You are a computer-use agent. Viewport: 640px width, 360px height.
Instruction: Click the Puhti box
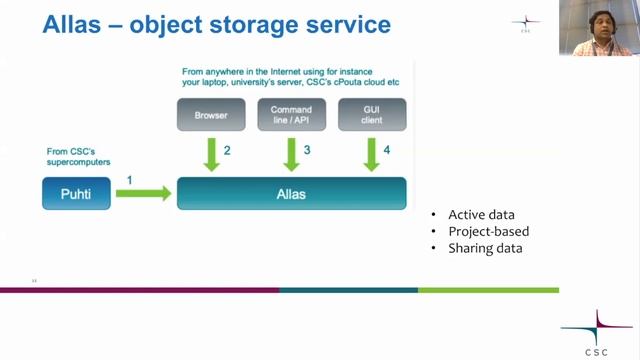click(76, 193)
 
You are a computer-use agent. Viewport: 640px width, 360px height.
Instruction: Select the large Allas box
click(292, 193)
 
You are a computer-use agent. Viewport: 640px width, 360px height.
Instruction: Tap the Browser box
click(211, 115)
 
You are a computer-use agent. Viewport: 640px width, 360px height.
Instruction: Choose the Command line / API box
click(292, 115)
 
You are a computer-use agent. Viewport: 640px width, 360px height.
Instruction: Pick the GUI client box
click(371, 115)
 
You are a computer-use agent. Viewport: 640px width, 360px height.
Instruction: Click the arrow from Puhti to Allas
click(143, 193)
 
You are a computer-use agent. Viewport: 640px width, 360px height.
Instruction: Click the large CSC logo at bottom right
click(596, 331)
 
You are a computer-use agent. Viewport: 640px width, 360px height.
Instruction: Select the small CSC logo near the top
click(525, 23)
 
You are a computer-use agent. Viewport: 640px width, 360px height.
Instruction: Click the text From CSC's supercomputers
click(78, 157)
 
